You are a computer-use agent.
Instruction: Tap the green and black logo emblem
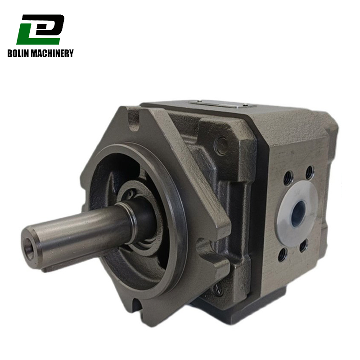(x=40, y=29)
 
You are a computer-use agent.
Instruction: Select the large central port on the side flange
(x=298, y=212)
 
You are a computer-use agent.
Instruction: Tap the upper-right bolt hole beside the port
(x=309, y=172)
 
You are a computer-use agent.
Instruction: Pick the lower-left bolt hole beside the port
(x=282, y=255)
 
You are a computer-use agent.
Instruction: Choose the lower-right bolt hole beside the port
(x=303, y=246)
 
